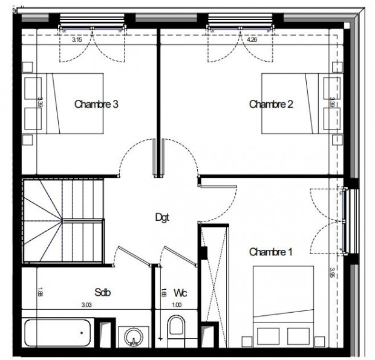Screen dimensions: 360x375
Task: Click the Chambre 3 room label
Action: pyautogui.click(x=96, y=104)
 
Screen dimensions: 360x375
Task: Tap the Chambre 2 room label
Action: pyautogui.click(x=272, y=104)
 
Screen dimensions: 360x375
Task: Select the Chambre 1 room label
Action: pyautogui.click(x=271, y=251)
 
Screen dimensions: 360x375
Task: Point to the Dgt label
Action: pyautogui.click(x=162, y=217)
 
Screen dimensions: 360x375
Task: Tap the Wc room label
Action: pyautogui.click(x=180, y=293)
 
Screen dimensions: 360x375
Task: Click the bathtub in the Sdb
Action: pyautogui.click(x=57, y=333)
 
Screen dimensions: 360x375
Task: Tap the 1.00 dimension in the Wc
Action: pyautogui.click(x=177, y=305)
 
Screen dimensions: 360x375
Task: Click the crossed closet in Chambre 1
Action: pyautogui.click(x=215, y=272)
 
